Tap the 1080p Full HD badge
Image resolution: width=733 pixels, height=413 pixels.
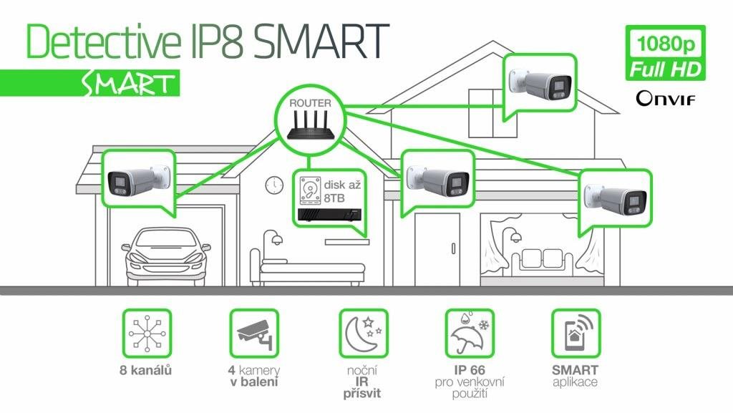(x=666, y=53)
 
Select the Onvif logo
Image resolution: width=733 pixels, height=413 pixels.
(x=666, y=98)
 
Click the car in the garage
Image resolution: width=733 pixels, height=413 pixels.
(x=166, y=256)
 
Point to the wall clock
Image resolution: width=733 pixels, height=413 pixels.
(x=274, y=185)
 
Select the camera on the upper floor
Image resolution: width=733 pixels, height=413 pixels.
(x=540, y=83)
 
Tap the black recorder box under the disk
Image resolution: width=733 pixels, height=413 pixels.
(x=330, y=215)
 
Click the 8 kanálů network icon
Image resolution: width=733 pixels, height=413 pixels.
(x=147, y=334)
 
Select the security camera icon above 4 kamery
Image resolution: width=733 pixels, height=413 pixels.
(x=254, y=334)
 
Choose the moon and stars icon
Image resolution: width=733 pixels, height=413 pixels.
(x=364, y=334)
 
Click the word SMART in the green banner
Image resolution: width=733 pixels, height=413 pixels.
(x=127, y=84)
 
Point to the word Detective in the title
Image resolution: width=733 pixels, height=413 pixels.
(x=103, y=41)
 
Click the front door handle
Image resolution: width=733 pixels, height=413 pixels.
(x=453, y=248)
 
